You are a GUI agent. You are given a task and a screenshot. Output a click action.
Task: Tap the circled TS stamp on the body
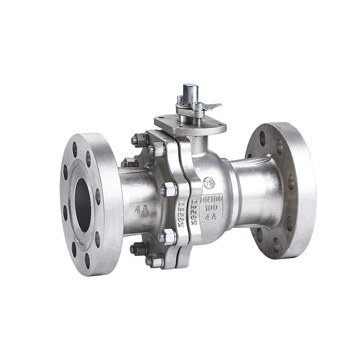[209, 183]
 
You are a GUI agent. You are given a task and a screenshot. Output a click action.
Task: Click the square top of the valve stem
[190, 88]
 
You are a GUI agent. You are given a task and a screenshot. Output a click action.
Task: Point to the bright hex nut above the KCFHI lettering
[168, 189]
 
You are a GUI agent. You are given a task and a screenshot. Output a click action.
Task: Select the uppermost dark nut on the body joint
[140, 140]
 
